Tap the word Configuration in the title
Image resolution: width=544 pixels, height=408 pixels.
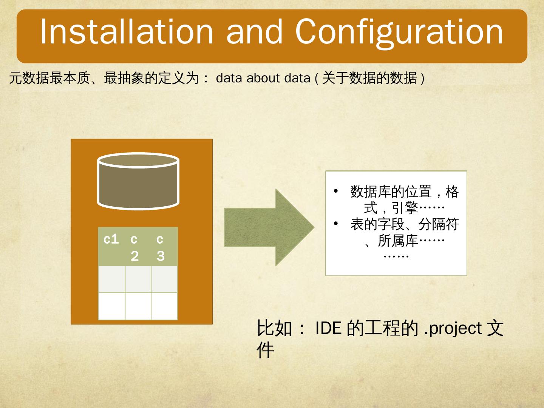(399, 34)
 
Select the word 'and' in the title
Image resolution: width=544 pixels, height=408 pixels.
(254, 32)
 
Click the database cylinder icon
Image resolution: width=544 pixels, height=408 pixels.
(138, 181)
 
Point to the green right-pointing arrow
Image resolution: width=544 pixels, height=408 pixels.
(269, 227)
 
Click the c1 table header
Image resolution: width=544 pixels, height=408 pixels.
(111, 239)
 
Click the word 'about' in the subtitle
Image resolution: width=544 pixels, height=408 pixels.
(263, 78)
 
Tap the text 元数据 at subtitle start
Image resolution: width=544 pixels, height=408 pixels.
(29, 78)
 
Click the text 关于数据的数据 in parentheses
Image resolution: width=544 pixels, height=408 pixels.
(369, 78)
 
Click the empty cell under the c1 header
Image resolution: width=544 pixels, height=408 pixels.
(111, 279)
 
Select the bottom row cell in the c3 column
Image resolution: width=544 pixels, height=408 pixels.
(164, 306)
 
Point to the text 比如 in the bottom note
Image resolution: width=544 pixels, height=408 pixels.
(274, 328)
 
